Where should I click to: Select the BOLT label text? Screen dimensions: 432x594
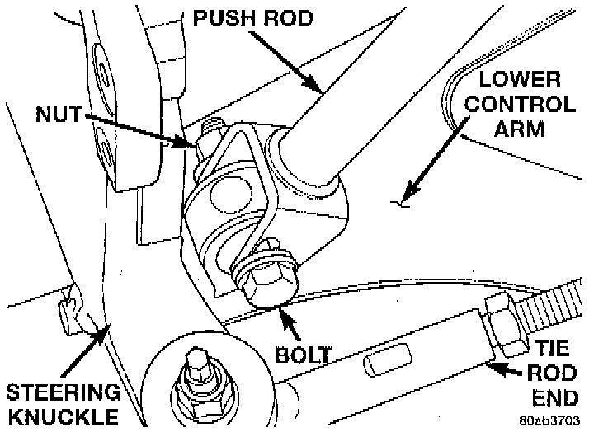point(303,355)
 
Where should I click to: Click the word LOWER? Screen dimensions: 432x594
point(521,81)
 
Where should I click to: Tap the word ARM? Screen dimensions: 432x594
point(521,130)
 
